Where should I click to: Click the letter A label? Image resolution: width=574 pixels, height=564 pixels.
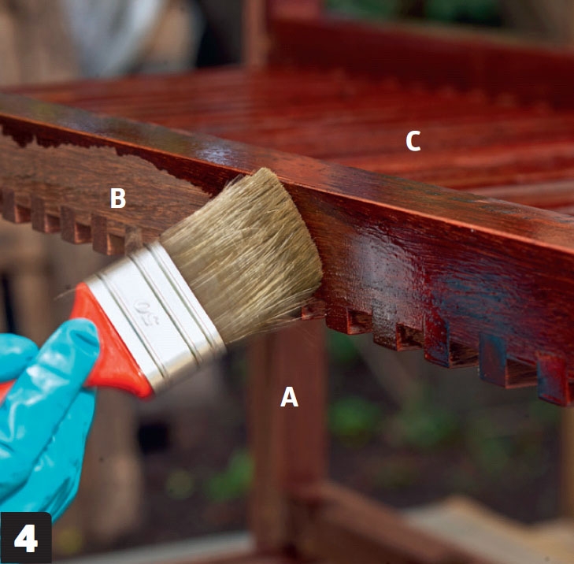(x=289, y=397)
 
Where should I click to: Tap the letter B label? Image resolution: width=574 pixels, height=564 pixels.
(x=118, y=199)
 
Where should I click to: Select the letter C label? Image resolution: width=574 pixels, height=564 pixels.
(x=413, y=141)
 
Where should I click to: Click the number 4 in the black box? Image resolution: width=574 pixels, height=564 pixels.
(x=26, y=538)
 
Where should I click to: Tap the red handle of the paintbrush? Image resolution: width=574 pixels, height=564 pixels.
(x=109, y=348)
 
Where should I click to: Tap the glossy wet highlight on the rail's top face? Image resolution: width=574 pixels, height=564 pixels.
(x=220, y=152)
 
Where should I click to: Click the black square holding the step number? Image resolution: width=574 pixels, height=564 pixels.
(x=26, y=538)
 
